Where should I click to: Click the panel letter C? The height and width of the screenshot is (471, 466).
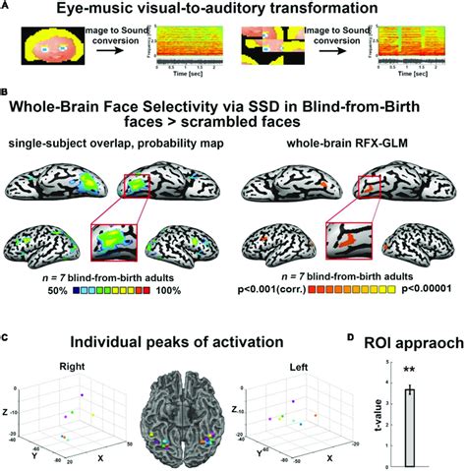coord(6,337)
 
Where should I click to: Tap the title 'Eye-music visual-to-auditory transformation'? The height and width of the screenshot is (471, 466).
coord(233,10)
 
